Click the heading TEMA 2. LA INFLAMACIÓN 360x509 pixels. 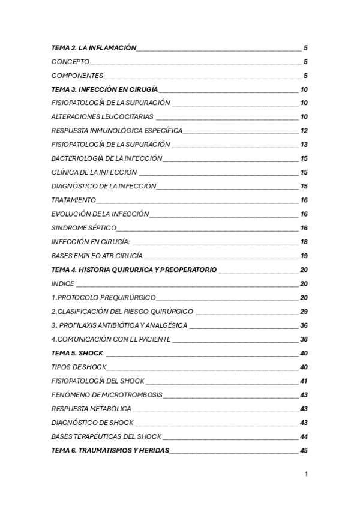click(94, 48)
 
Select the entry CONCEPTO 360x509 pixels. click(71, 62)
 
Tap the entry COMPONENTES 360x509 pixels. click(77, 76)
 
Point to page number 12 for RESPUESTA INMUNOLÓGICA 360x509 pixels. click(304, 131)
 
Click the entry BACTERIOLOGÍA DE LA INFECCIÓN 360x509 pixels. click(107, 158)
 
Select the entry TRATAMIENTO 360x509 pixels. click(74, 200)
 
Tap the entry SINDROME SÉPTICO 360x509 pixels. click(84, 228)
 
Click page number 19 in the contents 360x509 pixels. click(304, 256)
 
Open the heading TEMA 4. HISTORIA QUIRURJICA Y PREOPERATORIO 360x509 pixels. click(134, 270)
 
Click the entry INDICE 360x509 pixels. click(63, 283)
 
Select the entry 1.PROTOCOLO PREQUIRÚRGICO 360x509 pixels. click(104, 298)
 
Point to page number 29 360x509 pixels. click(304, 312)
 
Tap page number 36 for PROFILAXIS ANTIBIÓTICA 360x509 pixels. click(304, 325)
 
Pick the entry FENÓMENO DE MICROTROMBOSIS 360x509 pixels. click(107, 394)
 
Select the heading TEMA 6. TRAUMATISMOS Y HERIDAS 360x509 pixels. click(110, 450)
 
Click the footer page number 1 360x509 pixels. click(306, 474)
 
